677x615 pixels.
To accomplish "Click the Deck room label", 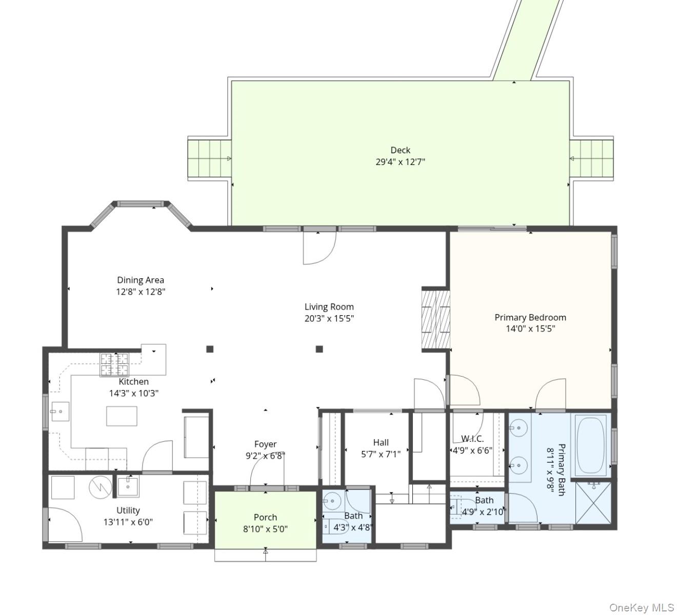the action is (400, 150).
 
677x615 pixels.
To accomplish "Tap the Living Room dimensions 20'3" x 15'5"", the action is (329, 318).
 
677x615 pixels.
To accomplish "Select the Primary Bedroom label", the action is (530, 317).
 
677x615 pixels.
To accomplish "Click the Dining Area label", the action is (141, 280).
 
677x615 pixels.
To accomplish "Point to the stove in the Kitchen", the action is (114, 365).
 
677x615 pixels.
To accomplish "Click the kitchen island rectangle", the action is (122, 416).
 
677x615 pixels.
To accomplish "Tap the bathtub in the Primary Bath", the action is (591, 445).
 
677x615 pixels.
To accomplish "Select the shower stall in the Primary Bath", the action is (593, 503).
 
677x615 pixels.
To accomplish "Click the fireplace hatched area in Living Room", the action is (436, 319).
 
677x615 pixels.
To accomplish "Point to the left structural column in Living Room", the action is (210, 349).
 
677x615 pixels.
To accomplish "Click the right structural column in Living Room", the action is (319, 349).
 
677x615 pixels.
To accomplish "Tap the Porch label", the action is (265, 517).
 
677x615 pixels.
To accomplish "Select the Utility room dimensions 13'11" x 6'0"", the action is (128, 522).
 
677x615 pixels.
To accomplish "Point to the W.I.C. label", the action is (472, 439).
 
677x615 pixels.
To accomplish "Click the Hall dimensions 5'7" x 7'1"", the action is (381, 454).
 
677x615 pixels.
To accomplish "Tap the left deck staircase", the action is (210, 158).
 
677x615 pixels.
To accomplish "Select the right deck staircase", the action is (592, 158).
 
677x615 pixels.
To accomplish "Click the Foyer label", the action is (265, 444).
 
